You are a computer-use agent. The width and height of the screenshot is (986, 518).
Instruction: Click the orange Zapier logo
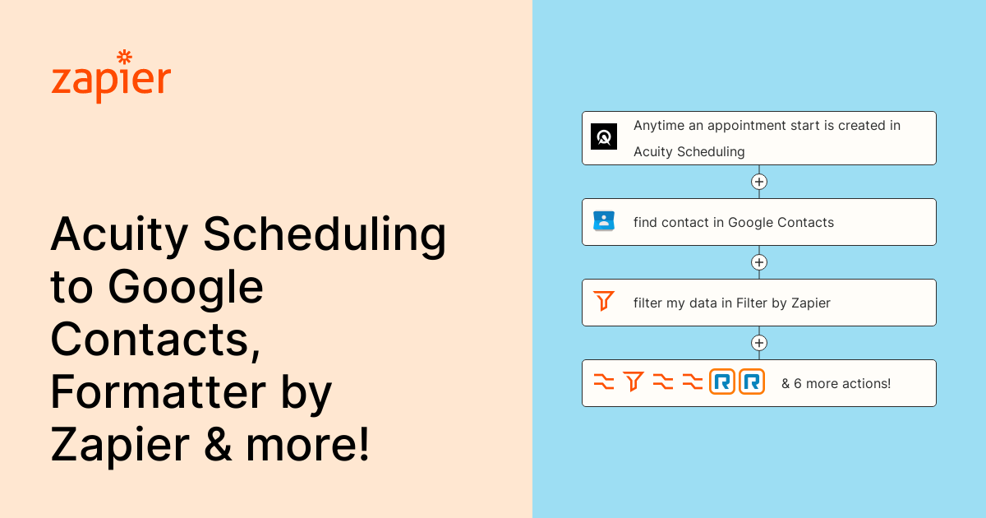click(111, 81)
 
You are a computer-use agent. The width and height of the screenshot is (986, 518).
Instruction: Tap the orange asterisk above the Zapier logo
click(125, 57)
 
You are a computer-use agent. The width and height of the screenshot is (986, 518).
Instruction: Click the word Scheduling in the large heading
click(325, 236)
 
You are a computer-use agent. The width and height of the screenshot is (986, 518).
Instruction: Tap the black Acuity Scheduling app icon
click(604, 136)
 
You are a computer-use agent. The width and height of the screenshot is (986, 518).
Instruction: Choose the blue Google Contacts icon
click(604, 221)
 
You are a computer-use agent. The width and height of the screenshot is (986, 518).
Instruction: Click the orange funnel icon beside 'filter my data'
click(604, 302)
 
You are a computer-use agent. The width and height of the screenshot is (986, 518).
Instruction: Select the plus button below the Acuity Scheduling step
click(759, 182)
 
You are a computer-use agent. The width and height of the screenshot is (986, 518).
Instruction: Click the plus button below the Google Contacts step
click(759, 262)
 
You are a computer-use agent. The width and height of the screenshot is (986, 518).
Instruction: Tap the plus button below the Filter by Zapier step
click(759, 343)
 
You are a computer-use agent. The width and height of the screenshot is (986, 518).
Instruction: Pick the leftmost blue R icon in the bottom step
click(722, 382)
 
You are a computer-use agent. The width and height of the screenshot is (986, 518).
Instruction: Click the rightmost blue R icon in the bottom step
click(752, 382)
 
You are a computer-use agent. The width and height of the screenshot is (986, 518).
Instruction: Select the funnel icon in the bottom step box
click(633, 382)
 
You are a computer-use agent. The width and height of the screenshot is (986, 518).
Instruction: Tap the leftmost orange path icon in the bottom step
click(604, 382)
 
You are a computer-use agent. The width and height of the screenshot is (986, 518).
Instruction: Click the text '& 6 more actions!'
click(836, 383)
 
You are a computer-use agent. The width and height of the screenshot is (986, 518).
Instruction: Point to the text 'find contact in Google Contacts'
click(734, 222)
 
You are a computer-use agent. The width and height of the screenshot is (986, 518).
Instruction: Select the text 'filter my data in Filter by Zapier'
click(732, 303)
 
